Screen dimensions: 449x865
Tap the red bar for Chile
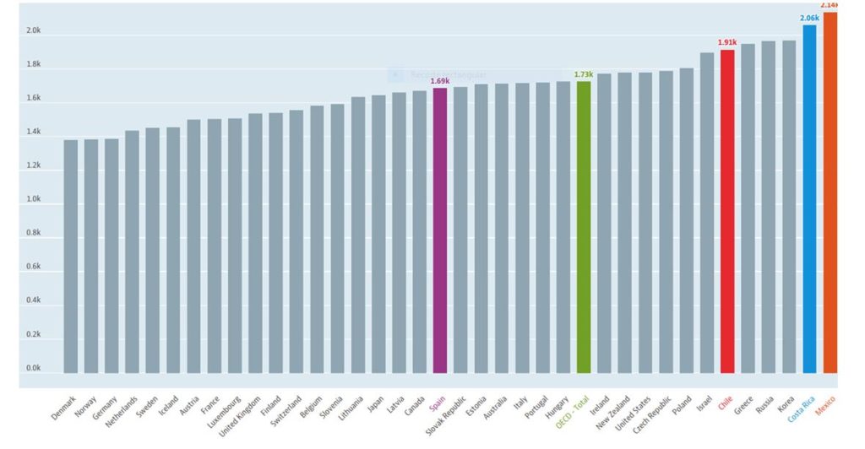point(727,211)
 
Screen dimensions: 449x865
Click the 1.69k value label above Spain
point(439,81)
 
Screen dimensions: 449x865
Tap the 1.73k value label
point(583,74)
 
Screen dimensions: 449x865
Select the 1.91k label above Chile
point(727,42)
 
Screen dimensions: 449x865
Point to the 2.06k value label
point(809,18)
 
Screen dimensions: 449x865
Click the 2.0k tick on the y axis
point(34,31)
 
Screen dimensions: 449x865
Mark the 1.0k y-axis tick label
point(34,200)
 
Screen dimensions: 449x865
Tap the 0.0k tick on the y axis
point(34,369)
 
